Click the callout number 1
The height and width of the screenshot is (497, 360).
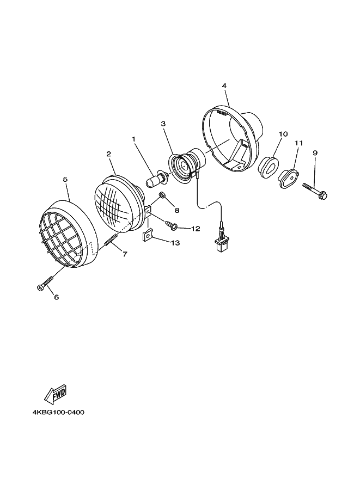coord(133,139)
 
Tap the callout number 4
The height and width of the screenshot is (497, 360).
coord(224,86)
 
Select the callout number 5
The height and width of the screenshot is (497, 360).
coord(65,179)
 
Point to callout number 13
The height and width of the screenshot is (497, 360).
coord(175,243)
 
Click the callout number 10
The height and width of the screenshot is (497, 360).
coord(283,134)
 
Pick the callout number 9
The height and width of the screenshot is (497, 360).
coord(315,153)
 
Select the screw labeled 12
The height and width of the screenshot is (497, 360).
coord(169,224)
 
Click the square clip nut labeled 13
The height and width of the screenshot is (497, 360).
coord(147,236)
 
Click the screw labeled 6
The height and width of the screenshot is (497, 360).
coord(45,284)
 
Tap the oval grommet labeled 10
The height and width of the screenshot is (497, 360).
coord(268,167)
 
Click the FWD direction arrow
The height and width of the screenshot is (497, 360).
coord(56,394)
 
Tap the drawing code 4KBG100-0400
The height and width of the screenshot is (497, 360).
coord(58,412)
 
